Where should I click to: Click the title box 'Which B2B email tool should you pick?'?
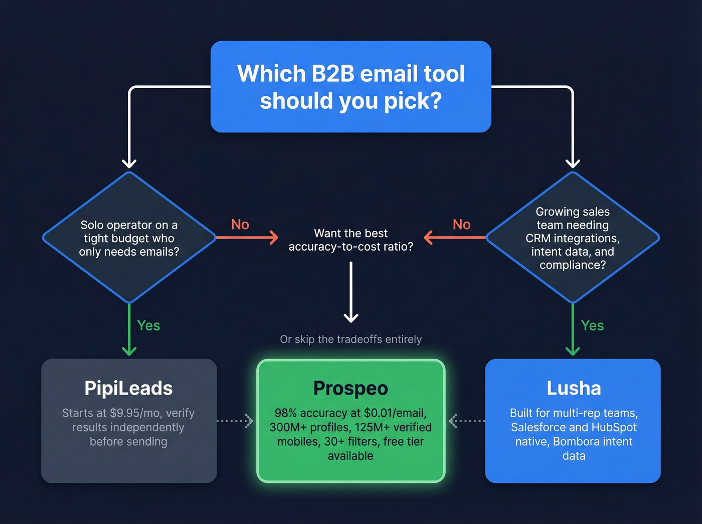(350, 87)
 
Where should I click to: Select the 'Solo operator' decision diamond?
(129, 238)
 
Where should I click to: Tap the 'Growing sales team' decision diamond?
(573, 238)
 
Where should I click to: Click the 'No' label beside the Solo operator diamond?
(240, 224)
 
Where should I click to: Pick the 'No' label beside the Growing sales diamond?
(462, 224)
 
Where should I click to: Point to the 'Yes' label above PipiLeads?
(148, 325)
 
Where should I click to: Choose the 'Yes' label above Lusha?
(592, 325)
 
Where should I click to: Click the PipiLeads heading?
(128, 388)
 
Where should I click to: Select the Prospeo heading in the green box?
(350, 388)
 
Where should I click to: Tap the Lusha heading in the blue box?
(574, 388)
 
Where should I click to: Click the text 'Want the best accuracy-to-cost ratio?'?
(350, 240)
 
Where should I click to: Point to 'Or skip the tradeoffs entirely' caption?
(350, 339)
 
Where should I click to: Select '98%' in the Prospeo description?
(285, 413)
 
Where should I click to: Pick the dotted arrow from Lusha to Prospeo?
(466, 421)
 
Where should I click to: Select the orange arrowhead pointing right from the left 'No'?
(273, 237)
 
